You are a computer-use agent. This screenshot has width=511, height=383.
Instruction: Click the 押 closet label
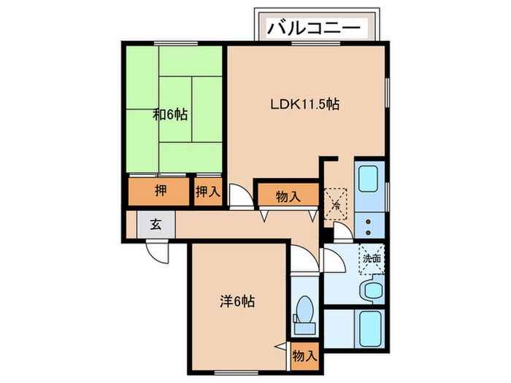coord(159,191)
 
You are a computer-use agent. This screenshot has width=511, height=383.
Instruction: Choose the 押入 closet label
coord(208,192)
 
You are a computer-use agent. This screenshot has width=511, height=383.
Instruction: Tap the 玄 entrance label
coord(155,224)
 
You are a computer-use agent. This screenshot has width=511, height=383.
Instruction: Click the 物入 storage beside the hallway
coord(288,196)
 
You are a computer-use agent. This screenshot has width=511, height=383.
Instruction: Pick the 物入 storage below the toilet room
coord(304,356)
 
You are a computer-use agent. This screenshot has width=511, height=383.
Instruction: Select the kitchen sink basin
coord(369,177)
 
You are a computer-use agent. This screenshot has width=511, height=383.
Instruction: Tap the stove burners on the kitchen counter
coord(370,223)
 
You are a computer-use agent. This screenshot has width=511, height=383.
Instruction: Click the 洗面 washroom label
coord(372,258)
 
